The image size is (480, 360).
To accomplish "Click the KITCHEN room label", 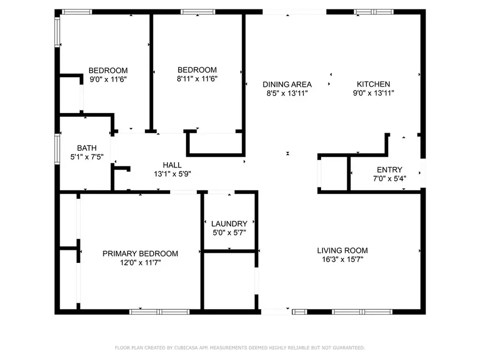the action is pyautogui.click(x=373, y=84).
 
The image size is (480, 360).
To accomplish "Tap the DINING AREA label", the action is pyautogui.click(x=287, y=84).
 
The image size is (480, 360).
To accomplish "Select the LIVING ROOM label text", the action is pyautogui.click(x=342, y=251).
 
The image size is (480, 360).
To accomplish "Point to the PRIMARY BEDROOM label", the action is pyautogui.click(x=140, y=253).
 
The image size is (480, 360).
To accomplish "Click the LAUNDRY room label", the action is pyautogui.click(x=229, y=224).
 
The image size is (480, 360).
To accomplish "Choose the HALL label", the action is pyautogui.click(x=172, y=165).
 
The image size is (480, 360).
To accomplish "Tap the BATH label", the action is pyautogui.click(x=87, y=148).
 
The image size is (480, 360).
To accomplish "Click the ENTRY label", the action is pyautogui.click(x=389, y=170).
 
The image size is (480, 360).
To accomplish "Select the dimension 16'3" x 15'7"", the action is pyautogui.click(x=342, y=259).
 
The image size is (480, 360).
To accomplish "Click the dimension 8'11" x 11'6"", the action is pyautogui.click(x=197, y=79).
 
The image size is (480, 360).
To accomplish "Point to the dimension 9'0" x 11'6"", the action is pyautogui.click(x=108, y=79).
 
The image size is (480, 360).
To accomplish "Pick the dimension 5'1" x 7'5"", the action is pyautogui.click(x=87, y=157).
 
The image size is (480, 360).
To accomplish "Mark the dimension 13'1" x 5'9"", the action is pyautogui.click(x=172, y=174).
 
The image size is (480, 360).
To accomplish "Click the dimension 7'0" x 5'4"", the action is pyautogui.click(x=389, y=179).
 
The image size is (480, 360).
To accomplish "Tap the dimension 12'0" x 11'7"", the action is pyautogui.click(x=140, y=262).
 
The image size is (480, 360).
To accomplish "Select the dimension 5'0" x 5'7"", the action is pyautogui.click(x=229, y=233).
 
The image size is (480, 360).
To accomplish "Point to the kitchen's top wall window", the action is pyautogui.click(x=374, y=12).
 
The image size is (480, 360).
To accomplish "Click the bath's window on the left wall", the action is pyautogui.click(x=57, y=149).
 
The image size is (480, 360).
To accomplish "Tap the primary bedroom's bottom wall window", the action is pyautogui.click(x=159, y=312).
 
